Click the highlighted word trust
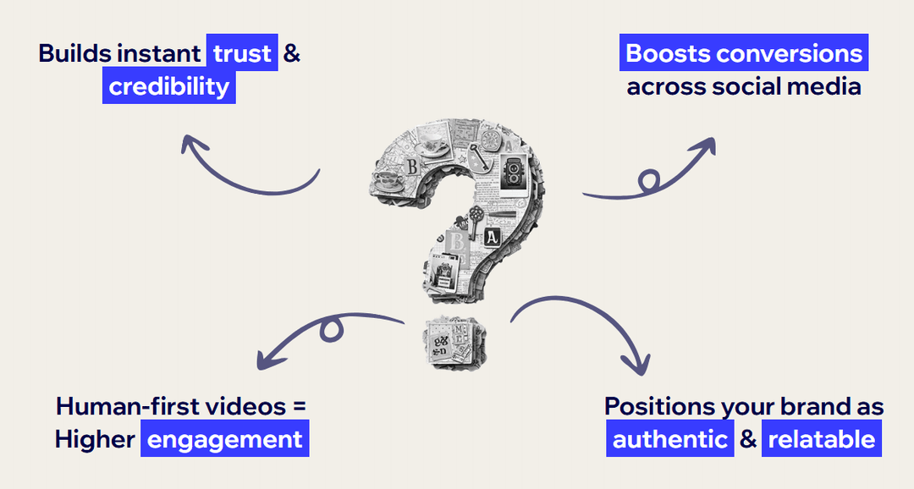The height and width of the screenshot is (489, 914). pos(242,54)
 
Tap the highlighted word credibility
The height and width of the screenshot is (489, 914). pos(169,86)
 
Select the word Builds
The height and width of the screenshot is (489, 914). pos(74,54)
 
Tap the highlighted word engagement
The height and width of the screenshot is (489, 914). pos(224,440)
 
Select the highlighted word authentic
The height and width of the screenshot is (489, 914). pos(669,440)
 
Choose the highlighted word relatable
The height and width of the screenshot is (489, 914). pos(821,440)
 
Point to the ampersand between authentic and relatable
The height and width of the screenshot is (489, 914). pos(747,440)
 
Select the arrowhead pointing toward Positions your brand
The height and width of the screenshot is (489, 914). pos(640,365)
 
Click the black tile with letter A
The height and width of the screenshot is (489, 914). pos(492,237)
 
